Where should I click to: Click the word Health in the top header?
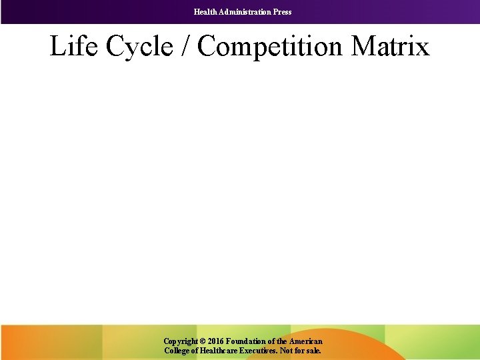(x=205, y=12)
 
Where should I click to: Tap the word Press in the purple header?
(x=282, y=12)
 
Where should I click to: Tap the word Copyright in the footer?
(x=180, y=341)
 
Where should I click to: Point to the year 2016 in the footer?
(x=216, y=341)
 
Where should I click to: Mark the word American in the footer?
(x=305, y=341)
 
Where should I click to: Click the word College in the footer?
(x=177, y=350)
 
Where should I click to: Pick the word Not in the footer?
(x=291, y=350)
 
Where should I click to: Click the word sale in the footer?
(x=314, y=350)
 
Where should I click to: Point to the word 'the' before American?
(x=281, y=341)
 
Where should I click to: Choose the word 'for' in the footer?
(x=303, y=350)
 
